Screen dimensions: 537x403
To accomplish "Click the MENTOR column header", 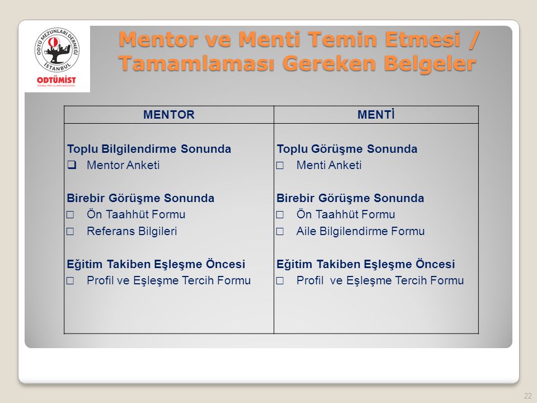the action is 169,114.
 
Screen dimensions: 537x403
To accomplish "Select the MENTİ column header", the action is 376,114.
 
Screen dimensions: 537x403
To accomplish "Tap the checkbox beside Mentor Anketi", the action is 72,165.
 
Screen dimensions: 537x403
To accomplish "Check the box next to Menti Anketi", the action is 280,166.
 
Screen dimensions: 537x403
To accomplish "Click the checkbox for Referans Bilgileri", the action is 70,232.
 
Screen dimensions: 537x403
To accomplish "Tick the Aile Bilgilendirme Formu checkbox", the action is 280,232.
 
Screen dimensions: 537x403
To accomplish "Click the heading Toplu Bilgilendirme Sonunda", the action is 149,149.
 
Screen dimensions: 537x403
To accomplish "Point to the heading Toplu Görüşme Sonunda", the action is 347,149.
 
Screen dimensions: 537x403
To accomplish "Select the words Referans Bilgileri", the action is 132,231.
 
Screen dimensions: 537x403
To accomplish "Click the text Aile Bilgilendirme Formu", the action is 361,231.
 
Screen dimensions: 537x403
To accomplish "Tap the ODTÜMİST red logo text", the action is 56,80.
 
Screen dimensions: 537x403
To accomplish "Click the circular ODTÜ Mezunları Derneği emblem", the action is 57,50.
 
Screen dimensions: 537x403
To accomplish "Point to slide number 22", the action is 527,395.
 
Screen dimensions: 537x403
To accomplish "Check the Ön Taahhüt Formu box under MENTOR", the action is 70,215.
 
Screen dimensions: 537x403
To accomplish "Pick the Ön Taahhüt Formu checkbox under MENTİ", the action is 280,215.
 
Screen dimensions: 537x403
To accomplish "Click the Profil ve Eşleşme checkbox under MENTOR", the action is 70,281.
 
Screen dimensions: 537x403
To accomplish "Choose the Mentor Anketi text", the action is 123,165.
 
